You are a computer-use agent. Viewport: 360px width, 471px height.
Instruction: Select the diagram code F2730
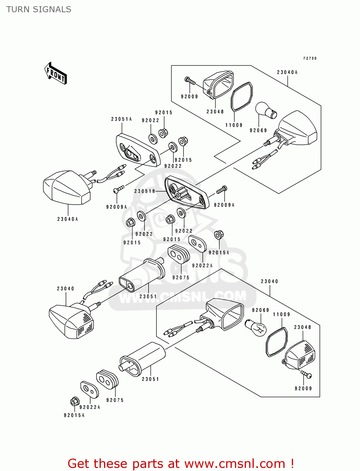coord(310,58)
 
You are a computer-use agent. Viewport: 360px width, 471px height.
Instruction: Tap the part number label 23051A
coord(121,119)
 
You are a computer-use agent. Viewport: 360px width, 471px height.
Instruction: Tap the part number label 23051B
coord(145,191)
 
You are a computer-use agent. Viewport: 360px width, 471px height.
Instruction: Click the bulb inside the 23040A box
coord(266,110)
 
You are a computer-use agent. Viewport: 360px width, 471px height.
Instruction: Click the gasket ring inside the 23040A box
coord(242,96)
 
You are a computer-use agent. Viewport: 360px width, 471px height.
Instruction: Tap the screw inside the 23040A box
coord(190,81)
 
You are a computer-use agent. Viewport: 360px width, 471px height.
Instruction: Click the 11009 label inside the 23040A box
coord(234,125)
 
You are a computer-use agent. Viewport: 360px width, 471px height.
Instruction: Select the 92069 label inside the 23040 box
coord(260,310)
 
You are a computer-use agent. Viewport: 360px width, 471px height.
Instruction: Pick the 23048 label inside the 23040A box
coord(215,111)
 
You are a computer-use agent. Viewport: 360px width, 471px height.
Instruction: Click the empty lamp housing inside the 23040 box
coord(226,314)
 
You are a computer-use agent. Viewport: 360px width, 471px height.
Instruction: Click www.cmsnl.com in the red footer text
coord(235,464)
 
